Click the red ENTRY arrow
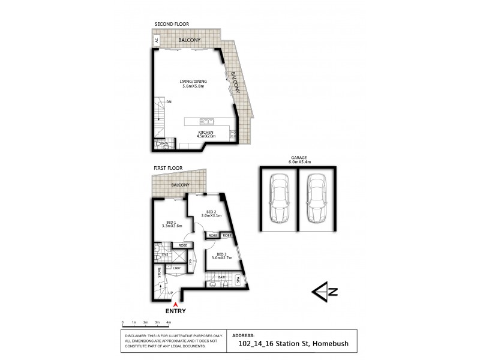click(175, 305)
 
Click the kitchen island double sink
click(206, 119)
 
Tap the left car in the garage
click(278, 199)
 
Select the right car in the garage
click(316, 199)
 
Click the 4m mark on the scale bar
click(168, 323)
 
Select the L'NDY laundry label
click(177, 268)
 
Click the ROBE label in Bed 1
click(182, 245)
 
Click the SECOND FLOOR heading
click(172, 25)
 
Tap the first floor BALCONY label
click(180, 185)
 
